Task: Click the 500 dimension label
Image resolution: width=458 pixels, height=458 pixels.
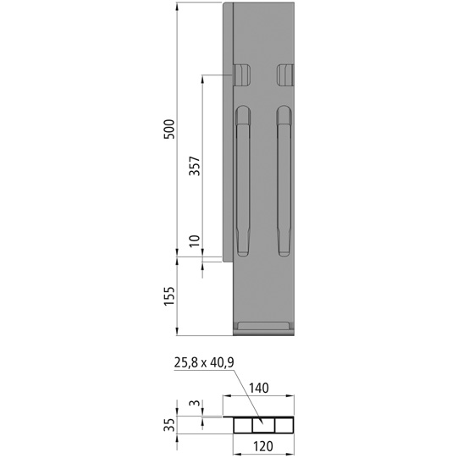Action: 168,130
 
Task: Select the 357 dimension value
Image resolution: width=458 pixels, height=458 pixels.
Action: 194,165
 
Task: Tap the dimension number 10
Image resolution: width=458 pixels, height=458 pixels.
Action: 195,242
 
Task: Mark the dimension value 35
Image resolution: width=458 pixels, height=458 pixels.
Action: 169,423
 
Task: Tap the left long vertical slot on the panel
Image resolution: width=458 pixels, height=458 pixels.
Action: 243,181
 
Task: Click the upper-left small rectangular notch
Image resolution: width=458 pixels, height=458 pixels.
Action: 242,75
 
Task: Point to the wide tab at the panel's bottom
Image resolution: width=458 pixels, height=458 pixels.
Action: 262,326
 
